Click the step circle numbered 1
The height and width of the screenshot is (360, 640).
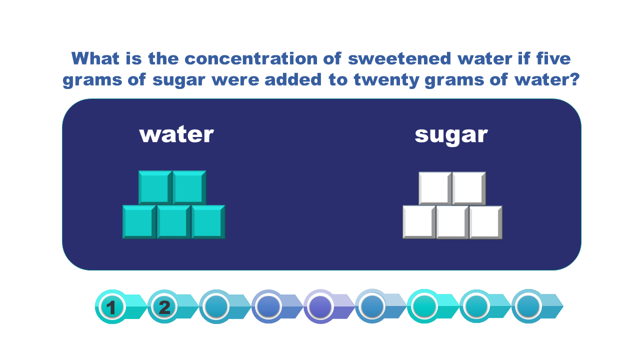click(112, 307)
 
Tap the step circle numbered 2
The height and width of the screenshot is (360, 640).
click(164, 307)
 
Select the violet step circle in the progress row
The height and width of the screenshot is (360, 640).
click(320, 307)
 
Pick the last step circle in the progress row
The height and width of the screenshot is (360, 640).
click(528, 306)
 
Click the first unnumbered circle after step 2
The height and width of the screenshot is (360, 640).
click(216, 307)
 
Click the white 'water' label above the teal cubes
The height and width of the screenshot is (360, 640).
click(176, 134)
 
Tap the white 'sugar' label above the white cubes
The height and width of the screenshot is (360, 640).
click(451, 136)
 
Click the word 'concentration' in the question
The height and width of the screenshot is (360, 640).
click(251, 58)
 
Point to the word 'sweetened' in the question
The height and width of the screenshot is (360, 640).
click(399, 58)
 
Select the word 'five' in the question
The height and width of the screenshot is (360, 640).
click(553, 58)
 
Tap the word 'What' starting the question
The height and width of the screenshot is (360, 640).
click(95, 58)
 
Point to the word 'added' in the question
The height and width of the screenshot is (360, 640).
click(293, 79)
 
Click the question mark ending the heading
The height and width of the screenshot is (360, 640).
click(573, 79)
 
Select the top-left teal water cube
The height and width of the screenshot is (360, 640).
click(155, 187)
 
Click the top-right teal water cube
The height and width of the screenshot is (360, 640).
click(189, 187)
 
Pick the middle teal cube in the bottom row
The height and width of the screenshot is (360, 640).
click(173, 221)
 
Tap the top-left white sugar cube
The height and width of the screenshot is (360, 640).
click(435, 188)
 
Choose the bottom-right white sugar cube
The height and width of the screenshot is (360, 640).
click(485, 222)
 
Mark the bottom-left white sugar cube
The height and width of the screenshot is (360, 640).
click(419, 222)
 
